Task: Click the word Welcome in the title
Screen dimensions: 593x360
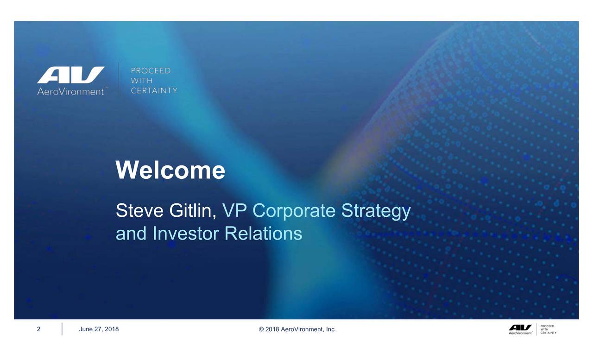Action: (x=170, y=170)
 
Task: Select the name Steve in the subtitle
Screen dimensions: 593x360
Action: (x=139, y=211)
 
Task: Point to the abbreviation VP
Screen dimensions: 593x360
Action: (x=234, y=211)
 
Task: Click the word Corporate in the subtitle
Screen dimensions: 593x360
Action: (x=294, y=211)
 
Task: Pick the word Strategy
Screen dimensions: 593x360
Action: (x=376, y=211)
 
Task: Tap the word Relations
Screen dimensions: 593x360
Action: (x=264, y=234)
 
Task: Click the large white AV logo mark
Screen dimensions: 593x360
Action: (x=71, y=75)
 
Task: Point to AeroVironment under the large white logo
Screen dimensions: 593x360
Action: (x=70, y=92)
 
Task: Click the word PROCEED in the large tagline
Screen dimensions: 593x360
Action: (x=151, y=71)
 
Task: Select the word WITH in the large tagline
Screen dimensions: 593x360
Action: (x=141, y=81)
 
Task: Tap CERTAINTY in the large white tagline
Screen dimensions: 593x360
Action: (x=154, y=90)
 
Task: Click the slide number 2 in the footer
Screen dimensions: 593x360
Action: (x=38, y=329)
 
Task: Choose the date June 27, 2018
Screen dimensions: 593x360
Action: (x=99, y=329)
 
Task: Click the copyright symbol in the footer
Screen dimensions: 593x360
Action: (x=261, y=329)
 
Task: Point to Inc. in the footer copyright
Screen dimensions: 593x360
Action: (x=331, y=329)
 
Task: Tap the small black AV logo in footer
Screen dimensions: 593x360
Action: (x=520, y=329)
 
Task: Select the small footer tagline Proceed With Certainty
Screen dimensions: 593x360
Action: (x=548, y=329)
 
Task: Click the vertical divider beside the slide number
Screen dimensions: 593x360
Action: (x=62, y=329)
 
